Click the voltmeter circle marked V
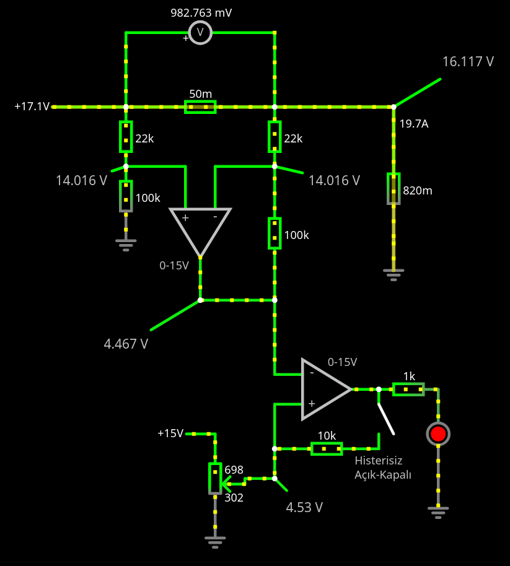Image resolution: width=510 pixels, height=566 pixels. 200,32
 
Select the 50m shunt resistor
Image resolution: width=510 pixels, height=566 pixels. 200,107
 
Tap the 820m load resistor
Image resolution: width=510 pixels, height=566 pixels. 393,188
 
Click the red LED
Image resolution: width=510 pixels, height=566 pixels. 438,433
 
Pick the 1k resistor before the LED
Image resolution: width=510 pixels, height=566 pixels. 408,389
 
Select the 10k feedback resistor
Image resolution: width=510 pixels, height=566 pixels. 327,448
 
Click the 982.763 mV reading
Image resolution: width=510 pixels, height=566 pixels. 201,13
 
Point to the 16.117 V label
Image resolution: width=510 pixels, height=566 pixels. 468,61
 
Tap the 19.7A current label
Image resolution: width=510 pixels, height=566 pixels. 414,124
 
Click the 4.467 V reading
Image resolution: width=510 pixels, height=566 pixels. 126,344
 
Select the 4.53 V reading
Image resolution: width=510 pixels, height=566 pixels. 304,508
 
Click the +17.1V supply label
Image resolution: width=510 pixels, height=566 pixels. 32,107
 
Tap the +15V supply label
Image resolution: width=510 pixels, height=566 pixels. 170,433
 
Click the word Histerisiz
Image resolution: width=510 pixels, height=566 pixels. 379,461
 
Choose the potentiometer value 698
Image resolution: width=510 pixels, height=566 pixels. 234,470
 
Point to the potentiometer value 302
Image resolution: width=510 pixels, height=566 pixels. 234,497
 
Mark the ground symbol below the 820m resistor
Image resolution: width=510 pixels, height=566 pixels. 393,273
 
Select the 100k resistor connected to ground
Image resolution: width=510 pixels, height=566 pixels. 126,196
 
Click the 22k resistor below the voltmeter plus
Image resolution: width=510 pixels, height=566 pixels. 126,137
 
